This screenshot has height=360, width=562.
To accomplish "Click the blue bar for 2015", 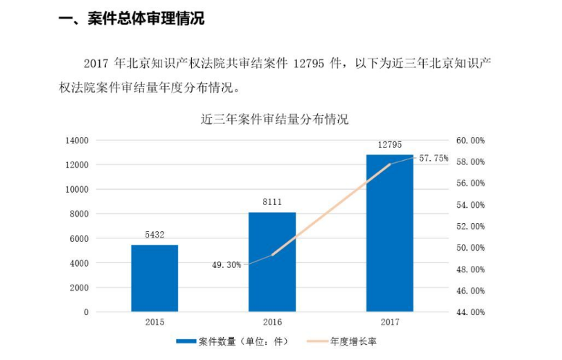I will pos(154,278).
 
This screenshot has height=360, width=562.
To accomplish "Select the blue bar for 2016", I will pos(272,262).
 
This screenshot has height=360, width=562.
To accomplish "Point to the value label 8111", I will pos(272,203).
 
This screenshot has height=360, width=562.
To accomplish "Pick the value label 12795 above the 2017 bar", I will pos(390,145).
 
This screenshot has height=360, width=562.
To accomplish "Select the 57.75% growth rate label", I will pos(434,157).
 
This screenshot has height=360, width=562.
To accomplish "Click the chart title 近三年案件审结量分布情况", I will pos(274,120).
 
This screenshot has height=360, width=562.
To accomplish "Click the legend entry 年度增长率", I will pos(351,339).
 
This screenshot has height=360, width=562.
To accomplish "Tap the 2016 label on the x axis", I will pos(272,322).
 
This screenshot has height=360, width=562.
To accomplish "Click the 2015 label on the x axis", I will pos(154,322).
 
